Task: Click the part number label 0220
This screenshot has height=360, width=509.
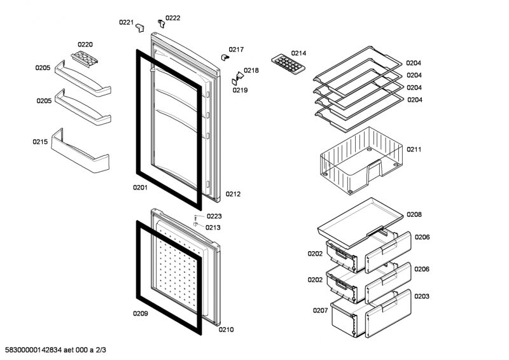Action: (x=85, y=45)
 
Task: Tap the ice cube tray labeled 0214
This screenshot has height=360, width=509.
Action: (x=288, y=64)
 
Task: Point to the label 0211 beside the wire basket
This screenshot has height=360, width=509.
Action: (x=414, y=149)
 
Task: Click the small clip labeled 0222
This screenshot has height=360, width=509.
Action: (x=162, y=24)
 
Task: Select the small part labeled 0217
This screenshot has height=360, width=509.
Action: (x=225, y=57)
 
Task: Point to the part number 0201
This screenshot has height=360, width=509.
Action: (x=140, y=188)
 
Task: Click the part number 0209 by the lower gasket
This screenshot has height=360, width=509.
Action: (x=140, y=313)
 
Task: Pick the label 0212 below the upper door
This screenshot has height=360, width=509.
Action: (x=233, y=194)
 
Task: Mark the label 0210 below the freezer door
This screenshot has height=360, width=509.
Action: (x=227, y=329)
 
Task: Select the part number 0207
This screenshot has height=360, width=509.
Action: (x=320, y=310)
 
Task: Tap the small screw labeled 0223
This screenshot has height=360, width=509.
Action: (x=196, y=218)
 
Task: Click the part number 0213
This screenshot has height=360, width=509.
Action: (x=213, y=227)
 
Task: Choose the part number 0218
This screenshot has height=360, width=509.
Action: (x=251, y=71)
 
